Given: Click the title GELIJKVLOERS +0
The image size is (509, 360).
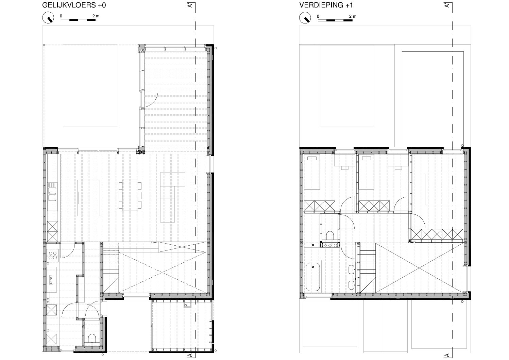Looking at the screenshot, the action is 74,5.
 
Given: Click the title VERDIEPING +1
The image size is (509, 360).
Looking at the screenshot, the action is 326,5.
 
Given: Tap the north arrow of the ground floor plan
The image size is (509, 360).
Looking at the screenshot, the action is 48,17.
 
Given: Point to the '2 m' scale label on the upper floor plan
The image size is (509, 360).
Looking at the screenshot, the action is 353,16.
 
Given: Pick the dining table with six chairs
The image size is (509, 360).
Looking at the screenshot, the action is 130,195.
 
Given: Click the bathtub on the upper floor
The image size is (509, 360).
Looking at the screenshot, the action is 313,277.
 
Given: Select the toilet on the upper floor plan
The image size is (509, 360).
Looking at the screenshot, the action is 330,235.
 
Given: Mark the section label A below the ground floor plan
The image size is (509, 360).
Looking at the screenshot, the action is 190,355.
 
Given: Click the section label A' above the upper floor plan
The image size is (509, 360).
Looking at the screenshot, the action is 447,5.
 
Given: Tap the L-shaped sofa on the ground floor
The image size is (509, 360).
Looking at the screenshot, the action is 172,197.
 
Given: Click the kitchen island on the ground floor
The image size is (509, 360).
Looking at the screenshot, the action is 88,198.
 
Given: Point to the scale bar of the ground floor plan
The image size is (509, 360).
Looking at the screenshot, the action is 78,20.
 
